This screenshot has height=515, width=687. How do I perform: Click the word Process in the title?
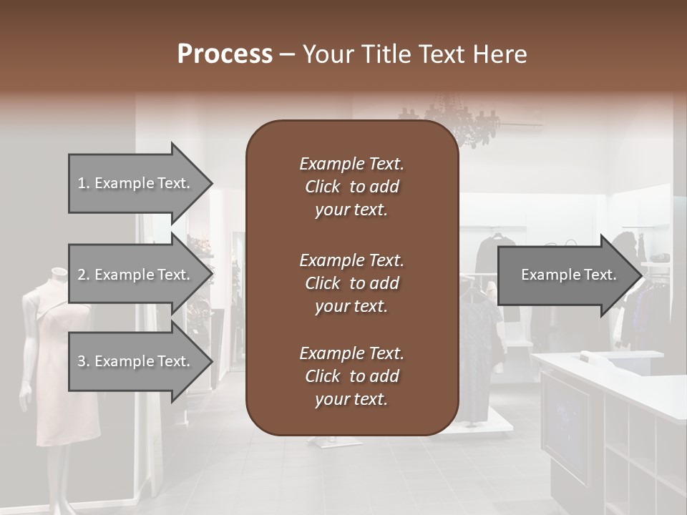click(x=225, y=54)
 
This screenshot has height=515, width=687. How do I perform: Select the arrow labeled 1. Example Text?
click(x=140, y=183)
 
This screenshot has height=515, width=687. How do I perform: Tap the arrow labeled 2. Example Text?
click(x=140, y=275)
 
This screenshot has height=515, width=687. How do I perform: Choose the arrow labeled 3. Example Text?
click(x=140, y=361)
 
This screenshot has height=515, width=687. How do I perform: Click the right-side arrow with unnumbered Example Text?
click(x=569, y=275)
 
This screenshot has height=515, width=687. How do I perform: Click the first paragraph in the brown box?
click(x=351, y=187)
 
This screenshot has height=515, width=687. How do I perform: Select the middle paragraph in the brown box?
click(x=351, y=283)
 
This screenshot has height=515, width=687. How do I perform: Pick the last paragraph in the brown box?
click(x=351, y=376)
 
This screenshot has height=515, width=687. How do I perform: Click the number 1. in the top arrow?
click(x=83, y=183)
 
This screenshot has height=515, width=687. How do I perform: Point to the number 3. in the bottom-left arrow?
click(x=84, y=361)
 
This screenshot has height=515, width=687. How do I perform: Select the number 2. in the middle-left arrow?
click(x=84, y=275)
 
